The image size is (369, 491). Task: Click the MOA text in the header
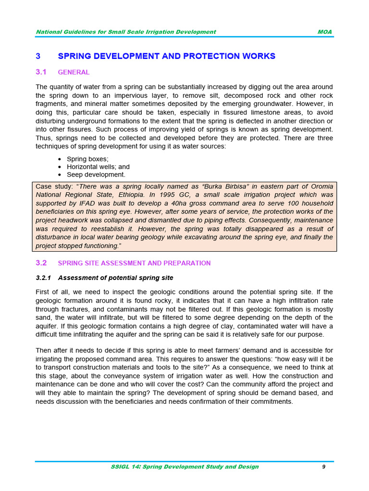324,32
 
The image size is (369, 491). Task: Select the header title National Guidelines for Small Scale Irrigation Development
126,32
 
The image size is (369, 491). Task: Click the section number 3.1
41,72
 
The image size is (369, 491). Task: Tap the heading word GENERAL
74,72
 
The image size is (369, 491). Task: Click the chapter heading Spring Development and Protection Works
166,56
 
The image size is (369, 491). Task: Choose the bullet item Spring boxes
87,159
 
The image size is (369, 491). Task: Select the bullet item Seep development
96,175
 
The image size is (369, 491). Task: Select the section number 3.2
41,263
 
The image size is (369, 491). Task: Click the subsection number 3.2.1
44,278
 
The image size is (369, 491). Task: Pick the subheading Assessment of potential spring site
115,278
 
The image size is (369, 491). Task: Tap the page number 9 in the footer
324,467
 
